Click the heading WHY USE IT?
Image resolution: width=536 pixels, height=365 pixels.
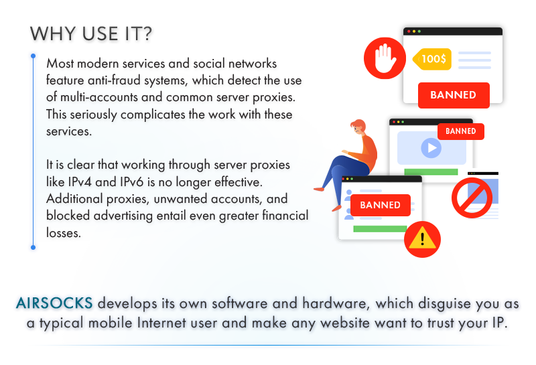(91, 34)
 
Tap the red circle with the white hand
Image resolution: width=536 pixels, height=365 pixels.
(385, 58)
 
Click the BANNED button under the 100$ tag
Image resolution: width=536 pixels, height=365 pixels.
(453, 95)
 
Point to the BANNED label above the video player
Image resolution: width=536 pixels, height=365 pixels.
(460, 131)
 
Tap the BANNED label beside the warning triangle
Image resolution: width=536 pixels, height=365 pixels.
(380, 205)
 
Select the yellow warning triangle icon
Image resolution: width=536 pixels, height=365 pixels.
(422, 239)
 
